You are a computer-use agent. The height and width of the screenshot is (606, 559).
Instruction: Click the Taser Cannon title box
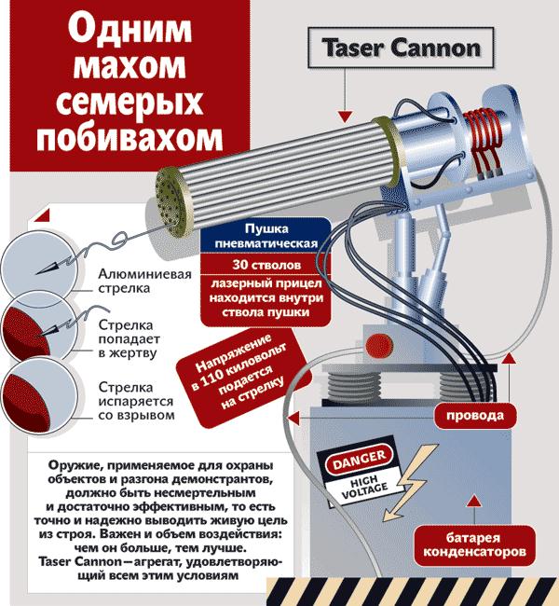coord(402,48)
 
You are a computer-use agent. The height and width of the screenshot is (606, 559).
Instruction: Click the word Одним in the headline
coord(131,31)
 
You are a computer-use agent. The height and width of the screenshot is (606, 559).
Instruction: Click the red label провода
coord(474,414)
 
